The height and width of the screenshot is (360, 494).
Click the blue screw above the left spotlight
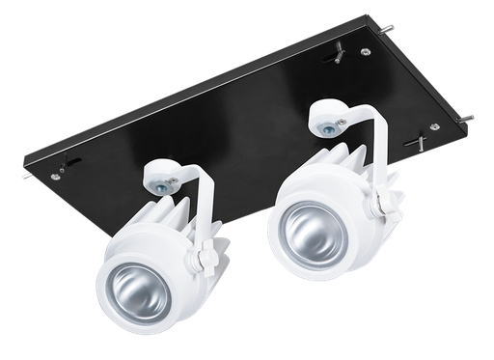pyautogui.click(x=160, y=183)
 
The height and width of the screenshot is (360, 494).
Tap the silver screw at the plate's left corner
pyautogui.click(x=57, y=176)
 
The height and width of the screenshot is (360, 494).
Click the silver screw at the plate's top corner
pyautogui.click(x=365, y=52)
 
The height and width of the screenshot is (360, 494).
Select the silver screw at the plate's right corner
pyautogui.click(x=434, y=126)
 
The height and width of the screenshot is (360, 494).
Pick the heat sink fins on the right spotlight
pyautogui.click(x=343, y=160)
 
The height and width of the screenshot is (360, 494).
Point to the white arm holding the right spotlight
pyautogui.click(x=378, y=145)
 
